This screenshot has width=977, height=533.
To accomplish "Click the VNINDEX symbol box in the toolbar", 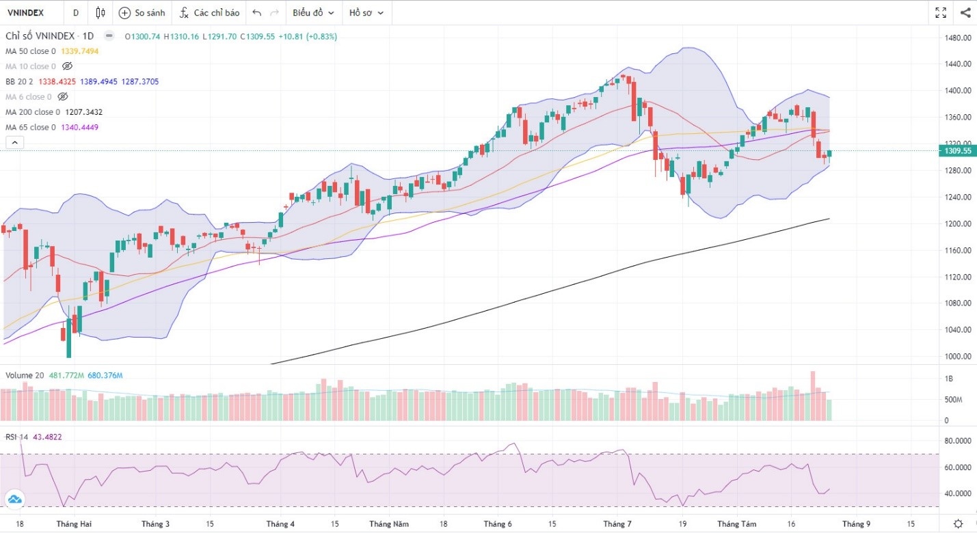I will (x=26, y=12).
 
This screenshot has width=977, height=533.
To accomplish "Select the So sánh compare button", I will (x=142, y=13).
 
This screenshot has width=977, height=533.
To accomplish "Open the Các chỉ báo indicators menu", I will (x=209, y=13).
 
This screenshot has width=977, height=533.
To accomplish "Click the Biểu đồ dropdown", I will (x=313, y=13).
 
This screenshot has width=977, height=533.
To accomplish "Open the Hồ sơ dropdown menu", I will (x=366, y=13).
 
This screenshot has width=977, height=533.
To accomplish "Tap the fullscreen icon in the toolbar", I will (x=941, y=12).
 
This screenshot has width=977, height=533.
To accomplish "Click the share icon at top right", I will (x=965, y=12).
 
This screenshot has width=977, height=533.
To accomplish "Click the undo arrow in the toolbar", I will (x=256, y=13).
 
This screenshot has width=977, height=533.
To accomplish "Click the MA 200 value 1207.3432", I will (x=84, y=112).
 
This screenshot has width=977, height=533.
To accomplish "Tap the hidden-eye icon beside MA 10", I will (x=67, y=66).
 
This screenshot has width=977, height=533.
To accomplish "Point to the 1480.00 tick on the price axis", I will (x=957, y=38).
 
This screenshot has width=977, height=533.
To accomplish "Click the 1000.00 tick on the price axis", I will (x=957, y=356).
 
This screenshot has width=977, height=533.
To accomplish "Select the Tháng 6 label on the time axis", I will (x=497, y=524).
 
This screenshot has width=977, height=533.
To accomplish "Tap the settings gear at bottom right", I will (x=959, y=523).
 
